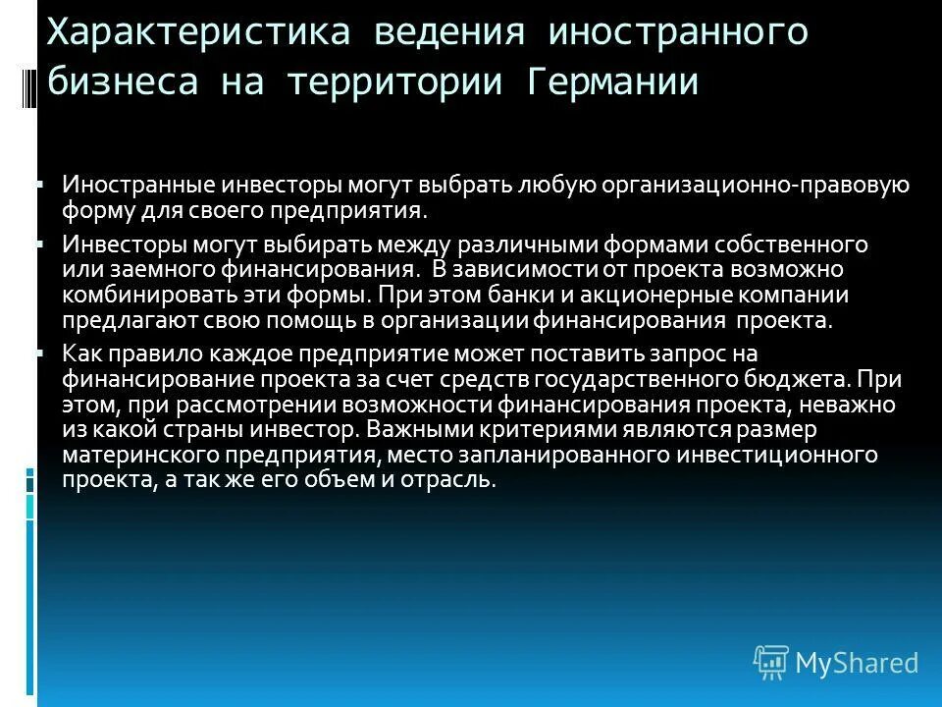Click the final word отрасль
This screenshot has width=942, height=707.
tap(455, 479)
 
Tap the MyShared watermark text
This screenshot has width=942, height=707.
tap(857, 662)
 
